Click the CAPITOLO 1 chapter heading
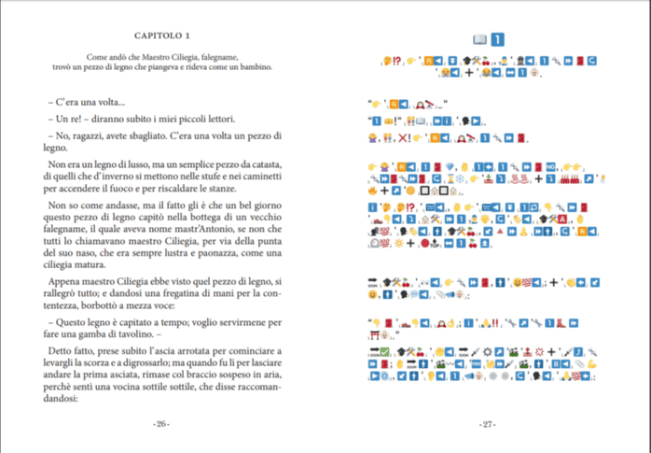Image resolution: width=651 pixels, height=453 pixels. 163,35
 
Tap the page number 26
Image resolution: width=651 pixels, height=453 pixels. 161,424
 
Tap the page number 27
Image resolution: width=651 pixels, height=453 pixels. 487,424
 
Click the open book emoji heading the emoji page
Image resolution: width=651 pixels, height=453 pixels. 479,39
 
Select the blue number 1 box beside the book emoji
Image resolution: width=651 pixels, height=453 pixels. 498,39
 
